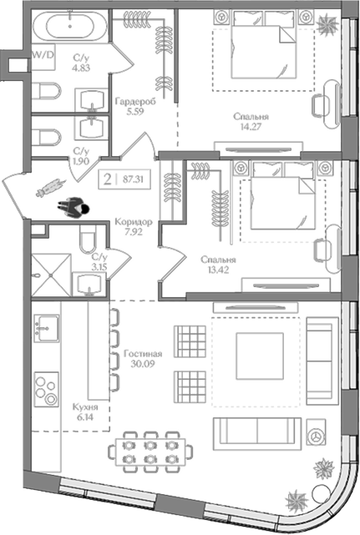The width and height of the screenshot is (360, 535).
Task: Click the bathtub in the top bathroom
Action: (70, 26)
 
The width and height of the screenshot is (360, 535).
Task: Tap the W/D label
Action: (43, 54)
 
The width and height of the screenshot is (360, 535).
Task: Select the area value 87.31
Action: (133, 179)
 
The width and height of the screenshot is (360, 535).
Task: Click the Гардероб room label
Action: (135, 101)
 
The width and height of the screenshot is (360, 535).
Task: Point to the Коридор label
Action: (134, 222)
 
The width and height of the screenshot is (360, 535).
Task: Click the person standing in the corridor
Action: (74, 208)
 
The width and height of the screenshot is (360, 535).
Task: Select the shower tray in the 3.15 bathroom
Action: (52, 275)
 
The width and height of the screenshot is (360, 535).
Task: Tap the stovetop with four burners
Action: (47, 389)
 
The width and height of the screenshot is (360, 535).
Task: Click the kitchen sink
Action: (47, 328)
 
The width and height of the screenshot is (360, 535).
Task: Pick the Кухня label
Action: (85, 407)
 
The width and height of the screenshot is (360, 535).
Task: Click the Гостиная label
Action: (143, 354)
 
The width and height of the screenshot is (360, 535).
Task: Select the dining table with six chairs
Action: (150, 452)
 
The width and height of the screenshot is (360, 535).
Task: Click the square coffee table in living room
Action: (260, 356)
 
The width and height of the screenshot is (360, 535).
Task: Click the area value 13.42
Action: (218, 270)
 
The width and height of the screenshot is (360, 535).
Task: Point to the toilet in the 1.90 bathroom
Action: (47, 138)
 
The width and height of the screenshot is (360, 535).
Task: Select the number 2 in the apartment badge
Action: (108, 179)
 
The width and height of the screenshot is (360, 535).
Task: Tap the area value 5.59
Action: (135, 112)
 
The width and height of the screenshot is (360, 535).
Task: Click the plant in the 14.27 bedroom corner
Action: (327, 24)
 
